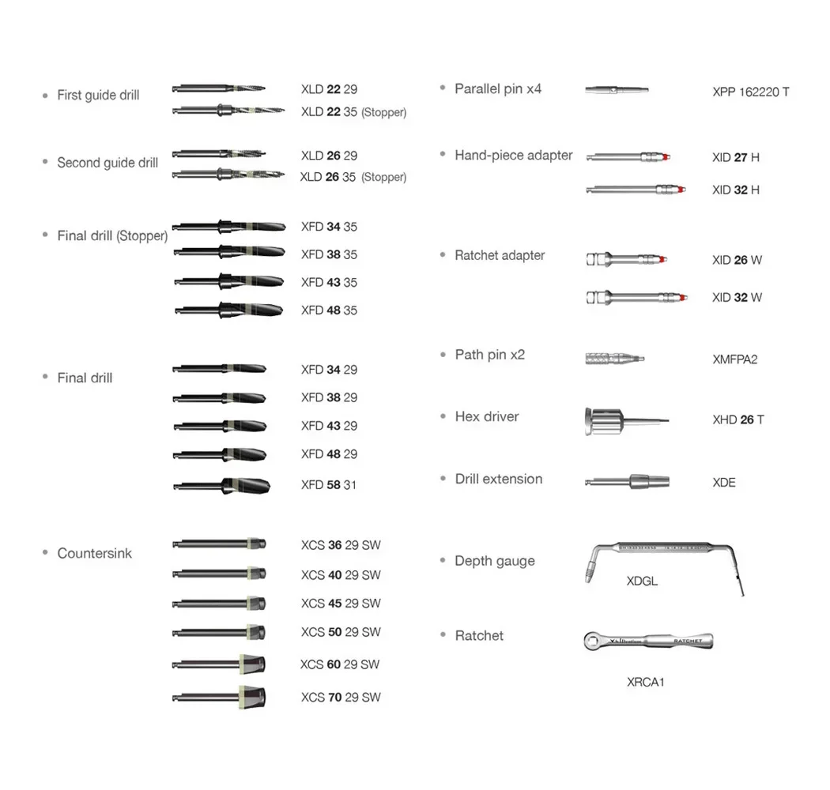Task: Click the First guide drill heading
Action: [x=98, y=96]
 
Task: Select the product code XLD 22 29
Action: [x=329, y=89]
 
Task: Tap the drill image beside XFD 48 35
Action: [x=228, y=310]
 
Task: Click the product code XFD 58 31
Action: [x=329, y=484]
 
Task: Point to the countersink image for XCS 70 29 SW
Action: [x=220, y=697]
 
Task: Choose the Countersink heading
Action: [x=94, y=553]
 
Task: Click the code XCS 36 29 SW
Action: [x=341, y=545]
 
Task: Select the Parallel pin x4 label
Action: [x=498, y=88]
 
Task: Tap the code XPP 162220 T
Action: [x=750, y=92]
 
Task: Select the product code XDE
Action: [x=723, y=482]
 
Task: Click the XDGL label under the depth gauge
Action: [x=642, y=581]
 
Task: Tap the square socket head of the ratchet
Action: [x=594, y=640]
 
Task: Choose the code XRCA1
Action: [x=645, y=682]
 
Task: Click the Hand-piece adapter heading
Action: [x=513, y=156]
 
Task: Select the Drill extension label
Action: [x=498, y=479]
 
